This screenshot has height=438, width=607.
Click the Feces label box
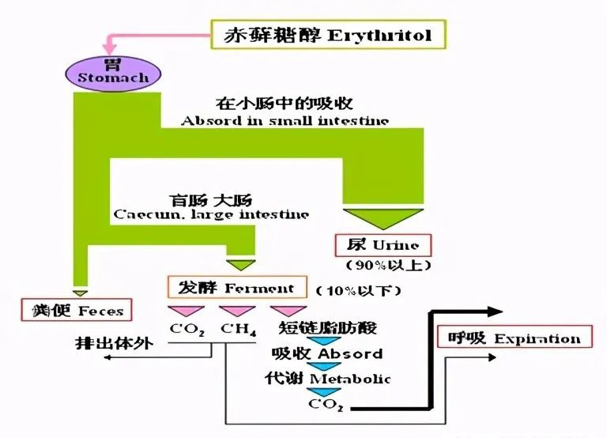[x=76, y=309]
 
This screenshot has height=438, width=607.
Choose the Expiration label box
[x=515, y=339]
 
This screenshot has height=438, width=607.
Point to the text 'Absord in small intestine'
[x=284, y=121]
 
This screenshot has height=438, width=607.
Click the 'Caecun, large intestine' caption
[x=211, y=213]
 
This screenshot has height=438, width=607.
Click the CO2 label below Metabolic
[x=326, y=406]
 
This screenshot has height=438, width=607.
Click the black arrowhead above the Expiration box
[x=495, y=312]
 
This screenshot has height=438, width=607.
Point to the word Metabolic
[x=349, y=379]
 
